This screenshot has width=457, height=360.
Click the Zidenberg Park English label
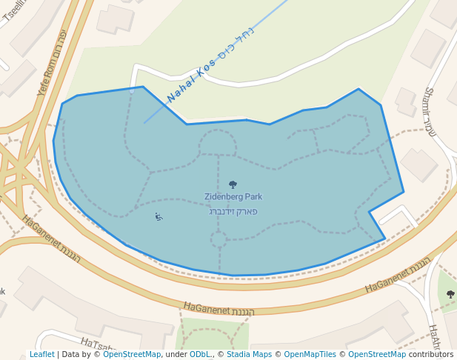[x=233, y=197]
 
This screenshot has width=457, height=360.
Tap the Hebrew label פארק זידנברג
[x=233, y=212]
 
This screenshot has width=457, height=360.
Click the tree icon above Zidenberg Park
[x=233, y=184]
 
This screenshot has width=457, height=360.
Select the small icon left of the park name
[x=158, y=216]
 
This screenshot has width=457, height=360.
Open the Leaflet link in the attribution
[x=41, y=355]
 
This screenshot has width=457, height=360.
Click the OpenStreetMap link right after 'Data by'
[x=132, y=355]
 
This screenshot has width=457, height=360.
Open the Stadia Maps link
[x=249, y=355]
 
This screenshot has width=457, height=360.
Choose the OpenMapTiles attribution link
[x=310, y=355]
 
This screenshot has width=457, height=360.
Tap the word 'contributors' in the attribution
[x=431, y=355]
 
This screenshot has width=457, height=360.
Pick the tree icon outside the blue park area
[x=450, y=295]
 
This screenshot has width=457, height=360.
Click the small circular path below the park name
[x=219, y=239]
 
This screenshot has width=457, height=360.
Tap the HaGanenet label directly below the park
[x=218, y=309]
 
